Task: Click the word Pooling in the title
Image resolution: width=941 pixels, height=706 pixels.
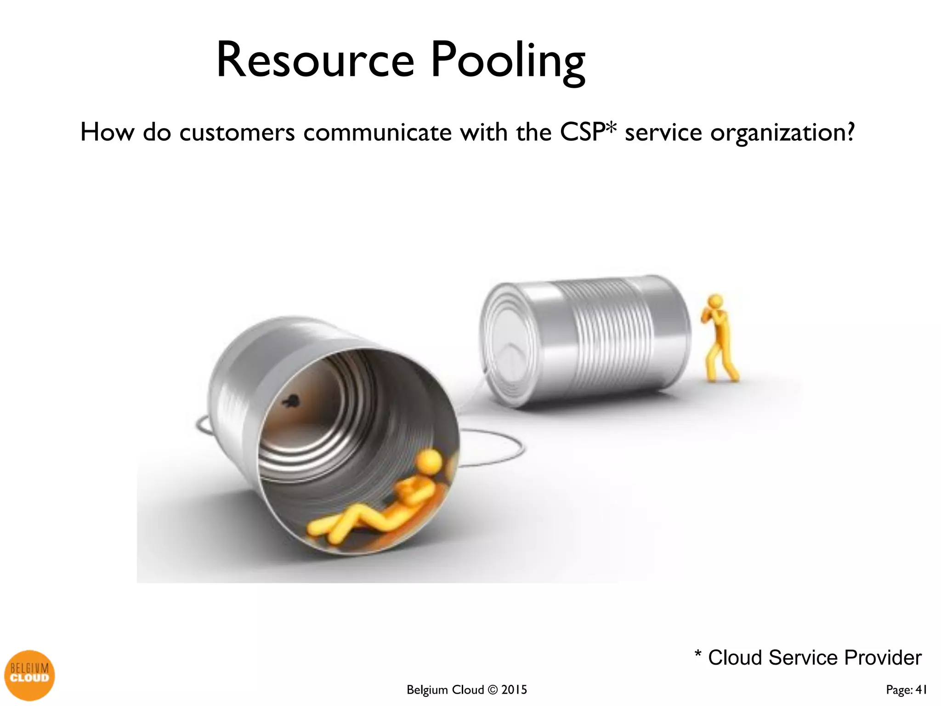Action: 508,62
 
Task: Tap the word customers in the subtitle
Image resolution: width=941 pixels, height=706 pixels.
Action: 237,133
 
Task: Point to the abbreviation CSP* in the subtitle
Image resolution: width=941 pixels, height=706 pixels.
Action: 588,132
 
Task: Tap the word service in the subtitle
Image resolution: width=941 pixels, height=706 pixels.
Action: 663,133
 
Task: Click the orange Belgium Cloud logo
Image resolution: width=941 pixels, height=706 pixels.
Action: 29,675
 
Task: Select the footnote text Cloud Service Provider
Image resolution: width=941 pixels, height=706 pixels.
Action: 814,658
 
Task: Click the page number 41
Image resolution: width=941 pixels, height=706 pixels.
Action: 921,690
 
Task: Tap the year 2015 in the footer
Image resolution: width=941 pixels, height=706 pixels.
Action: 514,690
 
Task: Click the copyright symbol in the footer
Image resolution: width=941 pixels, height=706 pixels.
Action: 493,690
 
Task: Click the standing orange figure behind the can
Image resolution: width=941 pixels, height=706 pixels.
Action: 719,340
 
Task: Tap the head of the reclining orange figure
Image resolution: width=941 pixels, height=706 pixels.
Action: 430,460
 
